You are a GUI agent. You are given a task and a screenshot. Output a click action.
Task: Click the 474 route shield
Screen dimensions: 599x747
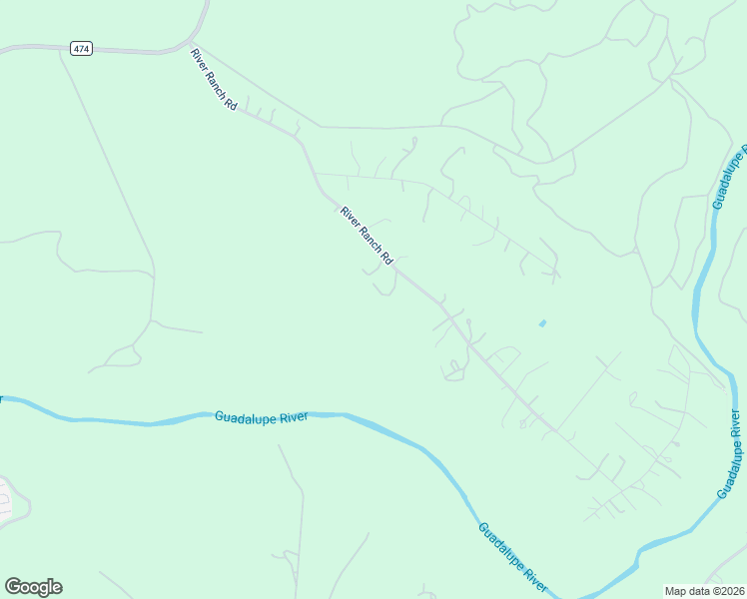82,48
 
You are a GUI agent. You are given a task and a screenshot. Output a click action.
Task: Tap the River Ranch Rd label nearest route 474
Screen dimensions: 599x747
214,78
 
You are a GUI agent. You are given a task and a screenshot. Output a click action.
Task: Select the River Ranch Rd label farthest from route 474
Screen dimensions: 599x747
367,237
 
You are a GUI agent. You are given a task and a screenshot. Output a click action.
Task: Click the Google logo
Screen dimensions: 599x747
33,587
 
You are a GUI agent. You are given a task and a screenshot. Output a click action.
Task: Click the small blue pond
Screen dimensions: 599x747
542,323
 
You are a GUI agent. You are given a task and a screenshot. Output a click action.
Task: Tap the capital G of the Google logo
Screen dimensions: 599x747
13,586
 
